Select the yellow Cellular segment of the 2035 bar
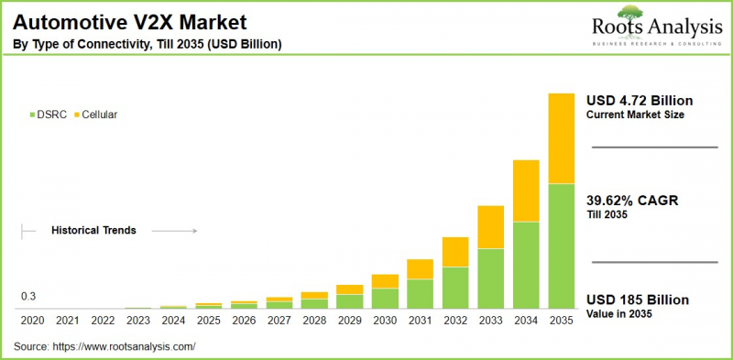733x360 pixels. (x=561, y=137)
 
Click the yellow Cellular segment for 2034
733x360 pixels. (x=525, y=191)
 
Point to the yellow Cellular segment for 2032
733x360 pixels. (x=455, y=252)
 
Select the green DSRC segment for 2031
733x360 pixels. (x=420, y=293)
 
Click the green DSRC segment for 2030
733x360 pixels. (x=385, y=298)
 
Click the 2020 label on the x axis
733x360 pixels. (x=31, y=322)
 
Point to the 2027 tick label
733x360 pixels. (x=279, y=322)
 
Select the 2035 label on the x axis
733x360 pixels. (x=561, y=322)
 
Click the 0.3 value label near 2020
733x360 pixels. (x=28, y=297)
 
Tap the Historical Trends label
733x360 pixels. (x=93, y=231)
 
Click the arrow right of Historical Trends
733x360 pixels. (x=174, y=231)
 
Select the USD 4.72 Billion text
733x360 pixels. (x=640, y=100)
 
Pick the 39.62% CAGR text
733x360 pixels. (x=632, y=201)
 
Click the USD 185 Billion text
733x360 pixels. (x=637, y=300)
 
